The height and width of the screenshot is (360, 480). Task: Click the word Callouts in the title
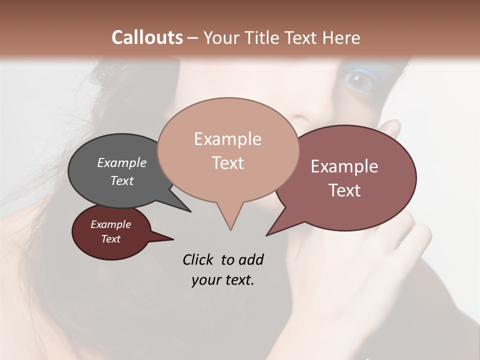147,38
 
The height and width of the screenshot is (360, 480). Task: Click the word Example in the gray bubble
122,162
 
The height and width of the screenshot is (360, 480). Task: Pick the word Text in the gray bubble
122,180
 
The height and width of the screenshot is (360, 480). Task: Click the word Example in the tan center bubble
227,139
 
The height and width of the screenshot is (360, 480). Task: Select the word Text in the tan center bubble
227,163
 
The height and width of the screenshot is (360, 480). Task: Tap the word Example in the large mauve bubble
344,166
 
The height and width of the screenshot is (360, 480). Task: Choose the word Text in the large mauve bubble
344,190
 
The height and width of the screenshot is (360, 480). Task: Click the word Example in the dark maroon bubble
110,224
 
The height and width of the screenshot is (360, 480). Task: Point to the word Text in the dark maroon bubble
110,239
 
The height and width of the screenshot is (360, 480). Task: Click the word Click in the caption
197,259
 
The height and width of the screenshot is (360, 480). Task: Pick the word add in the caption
251,259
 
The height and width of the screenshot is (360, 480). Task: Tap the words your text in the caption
222,279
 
